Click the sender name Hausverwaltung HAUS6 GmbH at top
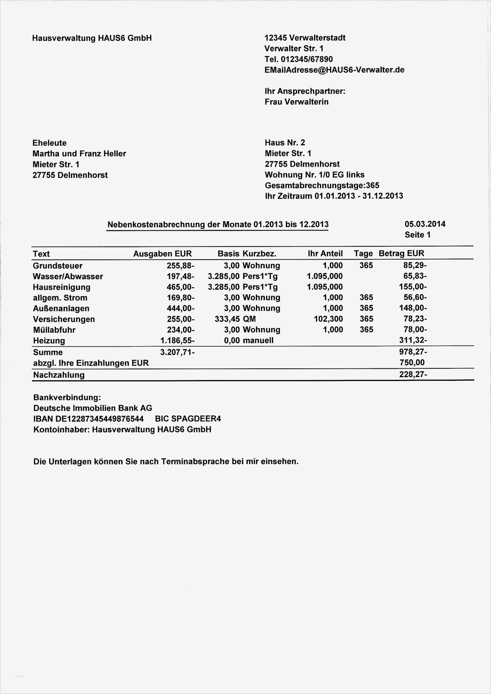(92, 38)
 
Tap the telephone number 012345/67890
(306, 59)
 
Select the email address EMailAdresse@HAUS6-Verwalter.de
(334, 70)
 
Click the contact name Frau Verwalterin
(297, 102)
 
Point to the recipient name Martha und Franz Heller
(79, 154)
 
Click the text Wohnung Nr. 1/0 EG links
(314, 175)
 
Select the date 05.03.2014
(425, 224)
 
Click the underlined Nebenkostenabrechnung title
(218, 225)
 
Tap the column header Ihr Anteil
(325, 254)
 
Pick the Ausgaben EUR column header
(162, 254)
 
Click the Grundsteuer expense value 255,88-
(181, 266)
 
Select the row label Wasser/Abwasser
(68, 277)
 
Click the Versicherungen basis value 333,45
(227, 319)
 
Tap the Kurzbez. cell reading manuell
(258, 341)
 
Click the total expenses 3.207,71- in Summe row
(177, 352)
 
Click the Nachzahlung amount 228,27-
(413, 374)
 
